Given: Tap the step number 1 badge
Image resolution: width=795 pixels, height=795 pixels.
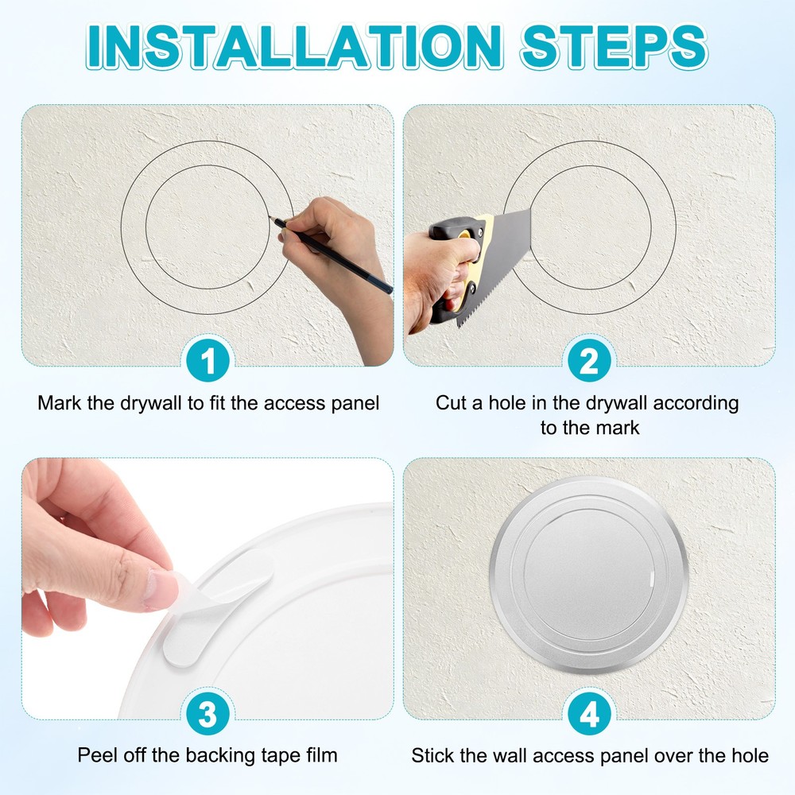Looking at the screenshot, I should pyautogui.click(x=207, y=362).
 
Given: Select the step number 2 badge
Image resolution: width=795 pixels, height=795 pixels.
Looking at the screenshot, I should pyautogui.click(x=588, y=362).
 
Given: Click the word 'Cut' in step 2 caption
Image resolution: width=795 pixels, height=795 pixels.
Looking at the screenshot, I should pyautogui.click(x=451, y=402).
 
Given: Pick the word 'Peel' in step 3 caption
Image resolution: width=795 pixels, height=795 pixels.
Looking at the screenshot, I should pyautogui.click(x=96, y=754).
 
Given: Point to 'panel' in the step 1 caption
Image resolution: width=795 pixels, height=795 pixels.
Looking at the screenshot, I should pyautogui.click(x=354, y=402).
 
